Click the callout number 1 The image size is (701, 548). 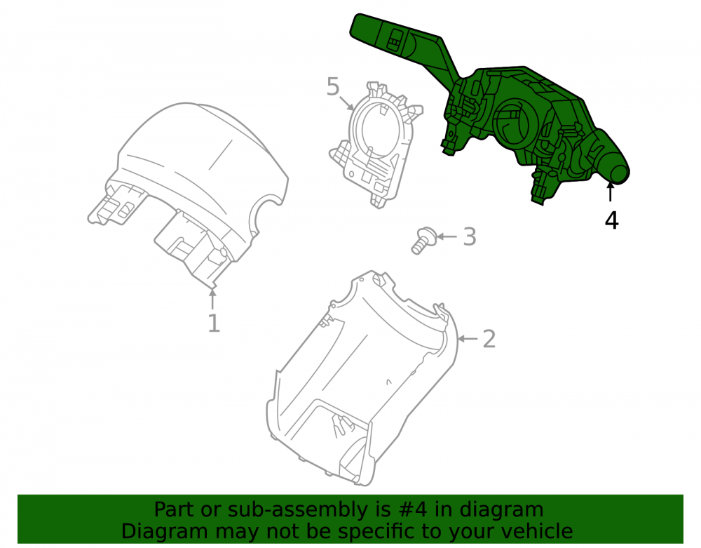[214, 323]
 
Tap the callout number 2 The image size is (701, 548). [489, 339]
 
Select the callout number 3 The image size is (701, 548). [470, 236]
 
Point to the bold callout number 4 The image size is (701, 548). [611, 220]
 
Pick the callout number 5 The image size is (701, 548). [333, 86]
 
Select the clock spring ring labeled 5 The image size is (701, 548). [376, 143]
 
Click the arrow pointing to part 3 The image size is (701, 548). [447, 236]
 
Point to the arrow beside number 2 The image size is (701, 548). [468, 339]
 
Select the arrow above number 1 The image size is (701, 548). [213, 299]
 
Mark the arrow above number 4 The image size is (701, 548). [610, 193]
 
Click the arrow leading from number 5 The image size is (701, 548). [346, 103]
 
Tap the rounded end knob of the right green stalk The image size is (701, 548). [618, 173]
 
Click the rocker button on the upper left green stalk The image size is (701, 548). [395, 39]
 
